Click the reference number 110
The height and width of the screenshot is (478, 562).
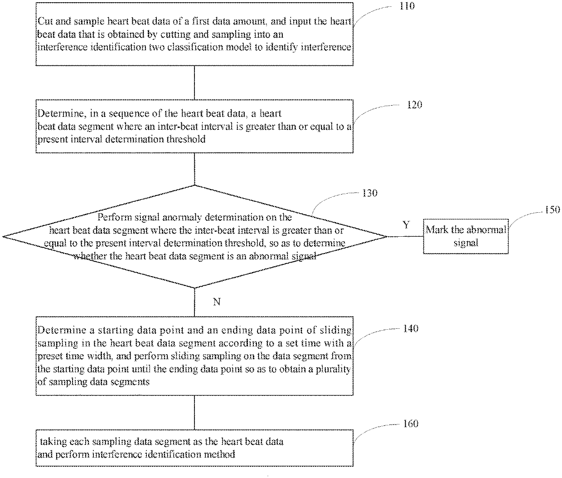click(407, 6)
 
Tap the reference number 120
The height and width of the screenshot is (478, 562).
click(414, 105)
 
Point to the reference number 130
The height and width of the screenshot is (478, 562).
click(370, 193)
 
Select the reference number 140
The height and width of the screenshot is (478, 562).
click(411, 329)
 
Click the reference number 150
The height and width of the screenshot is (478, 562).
click(552, 210)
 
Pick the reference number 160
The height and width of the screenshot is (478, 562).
click(411, 424)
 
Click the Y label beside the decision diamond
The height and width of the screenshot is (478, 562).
click(406, 225)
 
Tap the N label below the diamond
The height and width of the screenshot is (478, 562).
click(217, 302)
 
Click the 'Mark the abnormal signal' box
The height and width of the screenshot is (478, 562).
click(466, 236)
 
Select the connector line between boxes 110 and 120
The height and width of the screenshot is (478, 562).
click(194, 83)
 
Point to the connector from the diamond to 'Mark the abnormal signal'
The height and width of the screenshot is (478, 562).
click(405, 236)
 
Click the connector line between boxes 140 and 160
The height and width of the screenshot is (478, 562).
click(194, 412)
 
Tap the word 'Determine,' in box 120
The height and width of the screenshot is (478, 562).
click(62, 113)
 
